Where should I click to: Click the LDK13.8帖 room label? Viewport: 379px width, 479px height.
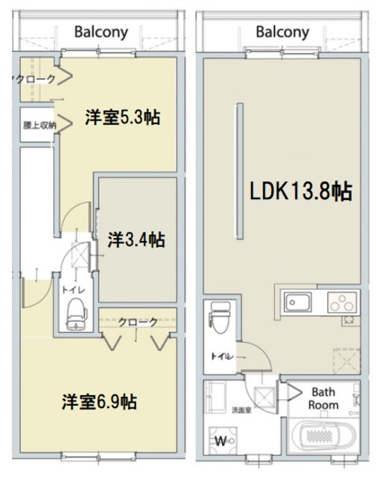pyautogui.click(x=301, y=192)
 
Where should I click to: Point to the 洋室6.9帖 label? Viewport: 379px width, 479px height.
pyautogui.click(x=99, y=402)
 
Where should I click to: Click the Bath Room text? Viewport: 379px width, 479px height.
pyautogui.click(x=324, y=398)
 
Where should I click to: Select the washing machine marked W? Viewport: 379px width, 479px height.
pyautogui.click(x=222, y=439)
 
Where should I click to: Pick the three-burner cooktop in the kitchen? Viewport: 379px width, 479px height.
pyautogui.click(x=343, y=303)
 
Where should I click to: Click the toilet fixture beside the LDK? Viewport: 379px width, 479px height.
pyautogui.click(x=218, y=318)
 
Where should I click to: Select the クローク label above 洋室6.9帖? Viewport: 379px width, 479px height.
pyautogui.click(x=138, y=322)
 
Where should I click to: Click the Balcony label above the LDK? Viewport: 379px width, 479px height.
pyautogui.click(x=282, y=32)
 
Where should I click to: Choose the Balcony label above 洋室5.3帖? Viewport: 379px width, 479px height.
pyautogui.click(x=101, y=32)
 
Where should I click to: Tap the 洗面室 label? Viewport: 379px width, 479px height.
pyautogui.click(x=221, y=409)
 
